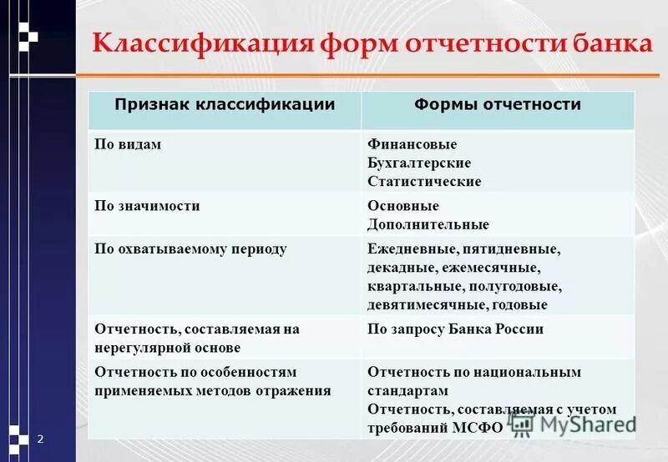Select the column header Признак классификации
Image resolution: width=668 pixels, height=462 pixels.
(225, 105)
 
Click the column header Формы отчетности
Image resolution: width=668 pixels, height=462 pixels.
(498, 105)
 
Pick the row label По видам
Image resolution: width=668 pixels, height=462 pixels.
(127, 144)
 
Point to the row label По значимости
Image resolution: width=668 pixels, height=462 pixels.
(147, 205)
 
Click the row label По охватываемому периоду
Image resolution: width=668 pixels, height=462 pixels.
(190, 249)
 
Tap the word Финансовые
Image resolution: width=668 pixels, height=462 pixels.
(412, 144)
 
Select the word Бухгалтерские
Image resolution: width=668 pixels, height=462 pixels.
(419, 163)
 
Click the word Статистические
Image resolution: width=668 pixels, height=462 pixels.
(424, 181)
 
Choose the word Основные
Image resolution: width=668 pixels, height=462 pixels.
(403, 205)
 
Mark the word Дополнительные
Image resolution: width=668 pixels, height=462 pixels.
(428, 224)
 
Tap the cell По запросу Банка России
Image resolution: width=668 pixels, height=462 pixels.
(455, 329)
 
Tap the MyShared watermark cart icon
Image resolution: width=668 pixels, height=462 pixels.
(522, 424)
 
